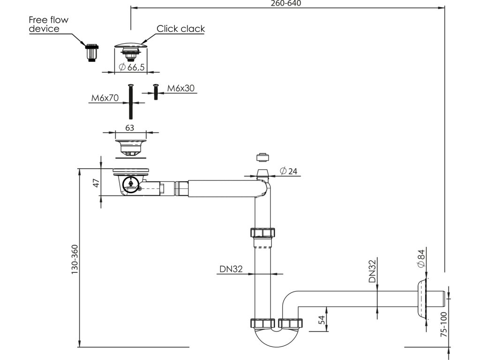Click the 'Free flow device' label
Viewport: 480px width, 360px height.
click(x=48, y=24)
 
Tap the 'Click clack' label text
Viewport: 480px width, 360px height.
click(x=180, y=29)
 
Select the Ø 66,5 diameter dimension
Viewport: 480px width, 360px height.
click(x=132, y=67)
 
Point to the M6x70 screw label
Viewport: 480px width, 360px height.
click(x=105, y=98)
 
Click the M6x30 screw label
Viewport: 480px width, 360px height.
click(x=180, y=88)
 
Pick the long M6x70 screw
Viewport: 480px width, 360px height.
click(x=131, y=101)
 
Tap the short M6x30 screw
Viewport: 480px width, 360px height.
click(x=156, y=91)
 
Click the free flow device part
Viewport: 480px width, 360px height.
click(x=91, y=52)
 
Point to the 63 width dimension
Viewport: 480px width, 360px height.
click(x=130, y=127)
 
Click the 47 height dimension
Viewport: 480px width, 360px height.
click(x=97, y=183)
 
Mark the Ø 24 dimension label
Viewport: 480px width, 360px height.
click(x=288, y=171)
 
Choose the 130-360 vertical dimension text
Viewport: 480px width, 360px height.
click(x=75, y=259)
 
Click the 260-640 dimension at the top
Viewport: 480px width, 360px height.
click(x=286, y=3)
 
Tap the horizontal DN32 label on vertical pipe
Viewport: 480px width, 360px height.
click(x=231, y=269)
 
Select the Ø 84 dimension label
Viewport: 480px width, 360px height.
click(x=421, y=258)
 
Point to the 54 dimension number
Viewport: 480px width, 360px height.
click(x=322, y=320)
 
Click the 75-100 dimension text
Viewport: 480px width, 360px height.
click(x=444, y=324)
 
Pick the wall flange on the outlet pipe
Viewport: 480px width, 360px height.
click(x=421, y=299)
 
